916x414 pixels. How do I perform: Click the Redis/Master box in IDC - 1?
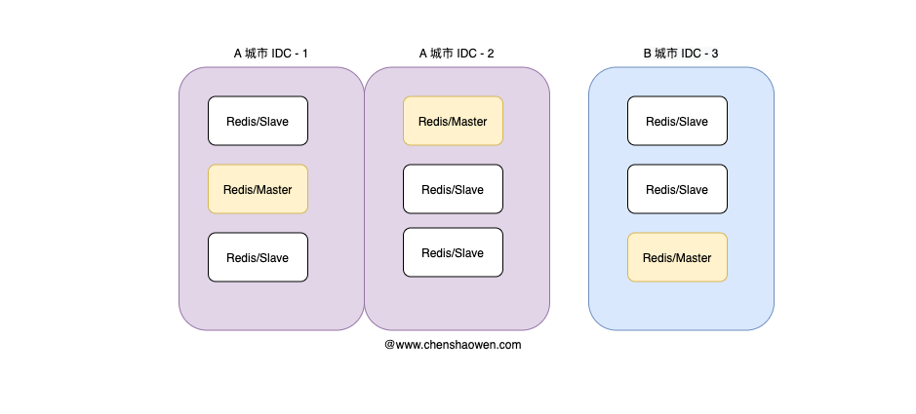258,189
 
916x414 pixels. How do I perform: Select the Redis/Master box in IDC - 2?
453,121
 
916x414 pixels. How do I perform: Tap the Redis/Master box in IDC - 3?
677,257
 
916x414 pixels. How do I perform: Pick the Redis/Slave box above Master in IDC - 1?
258,121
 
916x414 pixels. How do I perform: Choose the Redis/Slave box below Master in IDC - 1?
258,257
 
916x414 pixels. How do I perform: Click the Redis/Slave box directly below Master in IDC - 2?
453,189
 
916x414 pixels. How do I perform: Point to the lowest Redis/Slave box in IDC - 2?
453,252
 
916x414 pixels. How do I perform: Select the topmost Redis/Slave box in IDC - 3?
677,121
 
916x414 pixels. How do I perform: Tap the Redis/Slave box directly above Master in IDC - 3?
677,189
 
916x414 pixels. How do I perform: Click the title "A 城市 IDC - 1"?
270,54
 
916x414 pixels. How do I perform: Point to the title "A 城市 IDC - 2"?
457,54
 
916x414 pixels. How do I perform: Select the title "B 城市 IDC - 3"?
681,54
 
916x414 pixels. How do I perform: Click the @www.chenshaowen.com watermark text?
453,345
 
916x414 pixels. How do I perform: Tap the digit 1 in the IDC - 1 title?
304,54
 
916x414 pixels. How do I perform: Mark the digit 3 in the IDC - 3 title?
715,54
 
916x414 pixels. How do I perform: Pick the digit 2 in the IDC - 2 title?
491,54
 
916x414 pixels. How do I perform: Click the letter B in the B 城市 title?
648,54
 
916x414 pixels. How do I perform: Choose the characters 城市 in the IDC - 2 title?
442,54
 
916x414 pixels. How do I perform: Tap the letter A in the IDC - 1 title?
238,54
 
